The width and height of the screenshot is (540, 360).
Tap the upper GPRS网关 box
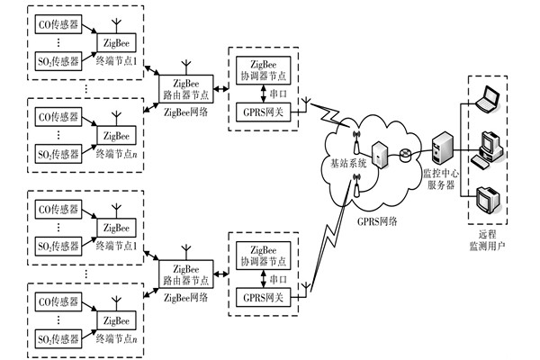coord(260,112)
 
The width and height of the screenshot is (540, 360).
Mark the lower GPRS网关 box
coord(260,295)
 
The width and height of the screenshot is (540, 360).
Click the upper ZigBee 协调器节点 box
coord(260,70)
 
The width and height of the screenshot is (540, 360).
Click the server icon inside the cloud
coord(381,154)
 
